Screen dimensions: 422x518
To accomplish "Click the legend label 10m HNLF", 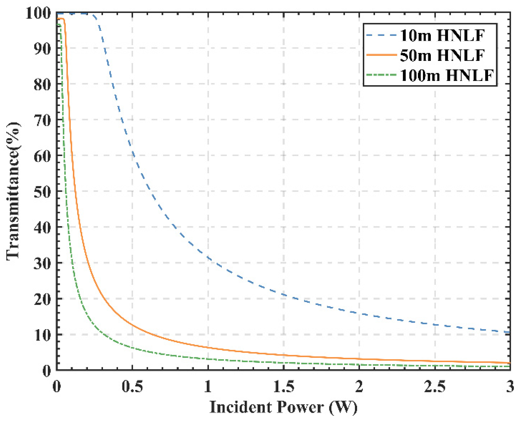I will (442, 35).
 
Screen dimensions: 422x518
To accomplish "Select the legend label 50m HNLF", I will (442, 55).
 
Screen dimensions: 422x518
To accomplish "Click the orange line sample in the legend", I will (381, 55).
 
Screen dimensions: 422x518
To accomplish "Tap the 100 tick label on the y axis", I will (38, 13).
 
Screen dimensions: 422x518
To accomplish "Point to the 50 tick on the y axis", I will (42, 192).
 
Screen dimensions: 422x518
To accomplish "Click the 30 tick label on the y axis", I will (42, 264).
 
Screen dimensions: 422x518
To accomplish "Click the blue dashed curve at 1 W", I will (208, 258).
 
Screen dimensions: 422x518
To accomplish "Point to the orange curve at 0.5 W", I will (132, 325).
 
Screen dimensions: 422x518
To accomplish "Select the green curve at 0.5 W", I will (132, 348).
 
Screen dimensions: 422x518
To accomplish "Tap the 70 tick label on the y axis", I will (42, 120).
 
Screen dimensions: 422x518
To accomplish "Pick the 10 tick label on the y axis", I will (42, 335).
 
